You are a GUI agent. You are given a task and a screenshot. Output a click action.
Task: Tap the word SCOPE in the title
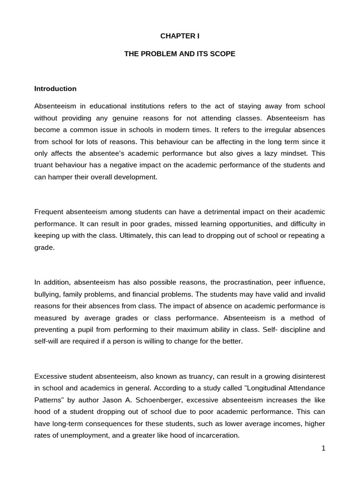tap(223, 54)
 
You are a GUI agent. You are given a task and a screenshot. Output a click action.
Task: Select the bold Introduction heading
tap(55, 89)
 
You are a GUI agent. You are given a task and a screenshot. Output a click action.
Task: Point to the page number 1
tap(323, 448)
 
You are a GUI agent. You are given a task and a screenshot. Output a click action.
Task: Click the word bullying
tap(47, 294)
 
